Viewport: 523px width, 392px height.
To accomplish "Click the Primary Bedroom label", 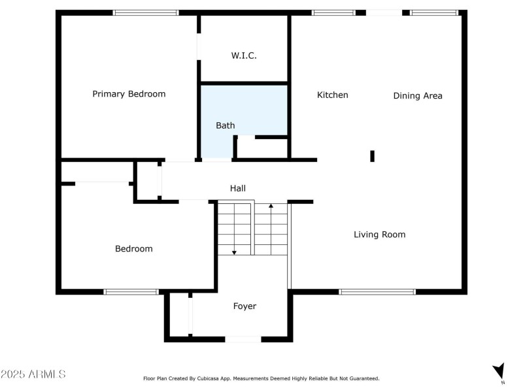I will (x=129, y=94).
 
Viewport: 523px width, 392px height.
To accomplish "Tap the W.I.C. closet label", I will (x=244, y=56).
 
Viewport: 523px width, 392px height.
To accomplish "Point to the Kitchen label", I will (x=333, y=95).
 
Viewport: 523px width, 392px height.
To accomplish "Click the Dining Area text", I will (x=418, y=96).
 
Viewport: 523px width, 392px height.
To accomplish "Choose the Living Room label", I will (x=379, y=235).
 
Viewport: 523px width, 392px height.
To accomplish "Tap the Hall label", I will (x=238, y=188).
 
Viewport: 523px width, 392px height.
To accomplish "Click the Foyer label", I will (x=245, y=306).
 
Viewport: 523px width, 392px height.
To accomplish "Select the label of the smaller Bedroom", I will (x=134, y=249).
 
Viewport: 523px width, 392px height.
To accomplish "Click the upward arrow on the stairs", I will (x=271, y=208).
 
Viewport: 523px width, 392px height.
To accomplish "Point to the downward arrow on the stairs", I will (x=234, y=251).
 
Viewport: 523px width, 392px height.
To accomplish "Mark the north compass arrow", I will (x=499, y=370).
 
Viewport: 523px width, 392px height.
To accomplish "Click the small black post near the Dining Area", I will (x=373, y=155).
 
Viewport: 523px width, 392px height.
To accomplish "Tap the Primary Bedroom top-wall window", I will (x=146, y=12).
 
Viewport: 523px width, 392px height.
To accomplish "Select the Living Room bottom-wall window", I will (x=377, y=291).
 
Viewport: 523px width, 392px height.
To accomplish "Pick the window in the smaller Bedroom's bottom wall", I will (x=131, y=291).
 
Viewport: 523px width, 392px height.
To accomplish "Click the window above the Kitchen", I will (x=333, y=12).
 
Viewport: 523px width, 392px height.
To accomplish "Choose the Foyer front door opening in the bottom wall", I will (x=243, y=339).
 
